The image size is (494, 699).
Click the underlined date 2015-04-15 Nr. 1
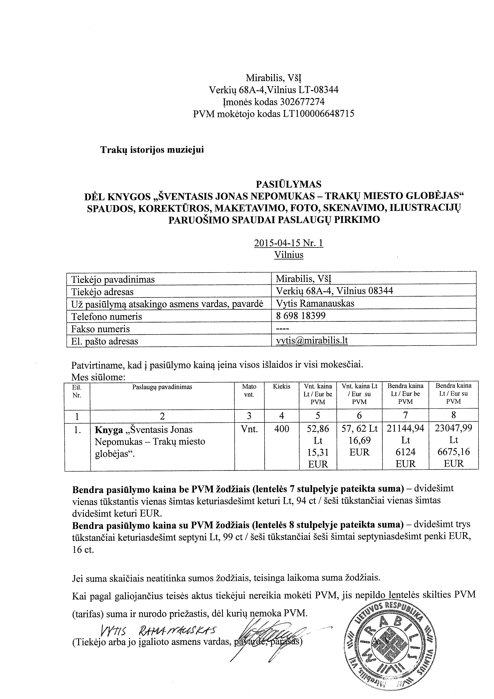click(289, 243)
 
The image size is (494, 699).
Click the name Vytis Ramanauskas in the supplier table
click(315, 303)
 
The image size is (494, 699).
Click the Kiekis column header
click(281, 386)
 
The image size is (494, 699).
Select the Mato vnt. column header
click(249, 390)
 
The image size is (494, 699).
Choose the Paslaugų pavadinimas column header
click(162, 387)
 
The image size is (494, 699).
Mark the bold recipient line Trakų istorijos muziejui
click(152, 150)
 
